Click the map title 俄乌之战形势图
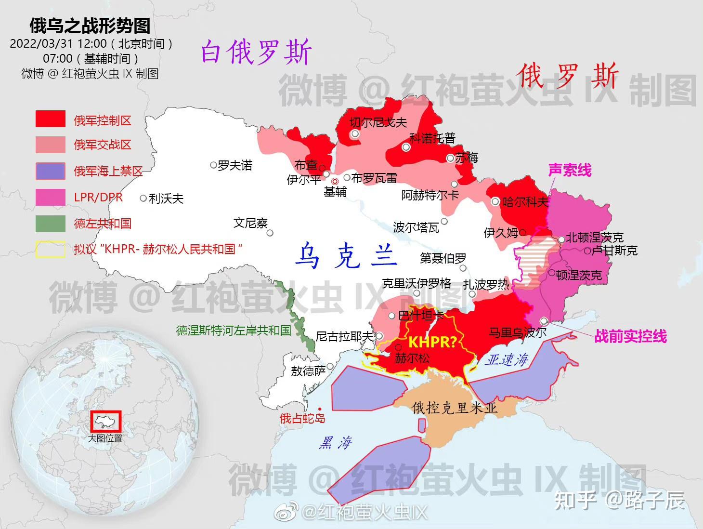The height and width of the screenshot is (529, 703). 90,26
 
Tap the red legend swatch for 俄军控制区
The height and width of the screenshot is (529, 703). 51,119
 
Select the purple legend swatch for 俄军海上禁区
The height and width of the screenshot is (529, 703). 51,171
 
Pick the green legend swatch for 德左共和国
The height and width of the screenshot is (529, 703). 51,224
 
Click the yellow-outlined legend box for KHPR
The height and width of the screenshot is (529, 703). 51,250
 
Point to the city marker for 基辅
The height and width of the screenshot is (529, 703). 335,182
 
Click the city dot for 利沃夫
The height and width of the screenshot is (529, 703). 143,198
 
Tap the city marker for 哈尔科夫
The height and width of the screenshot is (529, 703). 495,202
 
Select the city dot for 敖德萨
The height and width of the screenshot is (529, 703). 330,367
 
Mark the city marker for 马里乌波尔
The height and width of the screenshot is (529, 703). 544,321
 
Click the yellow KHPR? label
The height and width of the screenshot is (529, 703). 432,342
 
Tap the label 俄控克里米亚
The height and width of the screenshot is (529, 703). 455,408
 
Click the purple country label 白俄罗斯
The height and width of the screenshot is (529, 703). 256,52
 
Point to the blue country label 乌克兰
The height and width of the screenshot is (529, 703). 346,255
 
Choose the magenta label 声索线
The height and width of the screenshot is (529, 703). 570,170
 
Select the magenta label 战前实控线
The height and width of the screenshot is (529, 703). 630,336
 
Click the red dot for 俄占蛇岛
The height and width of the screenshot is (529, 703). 320,409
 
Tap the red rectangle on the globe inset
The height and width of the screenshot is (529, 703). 106,422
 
